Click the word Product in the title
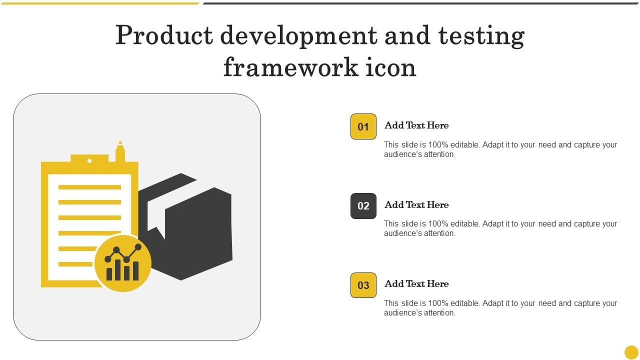[x=164, y=35]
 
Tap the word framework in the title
[x=290, y=67]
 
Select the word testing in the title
[x=481, y=36]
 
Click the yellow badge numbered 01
[x=363, y=126]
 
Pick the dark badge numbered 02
[x=363, y=206]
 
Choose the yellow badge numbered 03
[x=363, y=285]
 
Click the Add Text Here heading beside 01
[x=416, y=125]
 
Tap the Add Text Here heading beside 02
[x=416, y=204]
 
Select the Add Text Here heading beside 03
[x=416, y=283]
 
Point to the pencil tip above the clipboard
[x=120, y=142]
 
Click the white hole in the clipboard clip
[x=89, y=161]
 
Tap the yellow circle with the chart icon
[x=123, y=263]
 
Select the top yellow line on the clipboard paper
[x=89, y=187]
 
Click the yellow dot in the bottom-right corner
[x=631, y=352]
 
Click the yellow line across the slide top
[x=100, y=3]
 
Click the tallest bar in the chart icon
[x=117, y=270]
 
